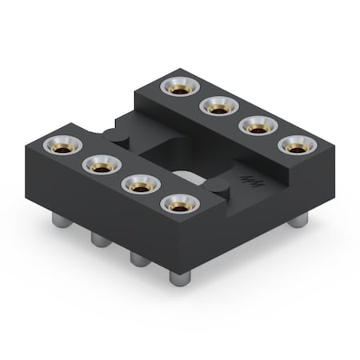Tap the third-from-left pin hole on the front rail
coord(140,185)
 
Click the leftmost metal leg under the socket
coord(59,221)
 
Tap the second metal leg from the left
coord(99,239)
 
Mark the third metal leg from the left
coord(139,258)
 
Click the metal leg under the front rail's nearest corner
coord(179,278)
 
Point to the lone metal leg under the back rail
coord(297,218)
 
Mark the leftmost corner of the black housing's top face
coord(25,147)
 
